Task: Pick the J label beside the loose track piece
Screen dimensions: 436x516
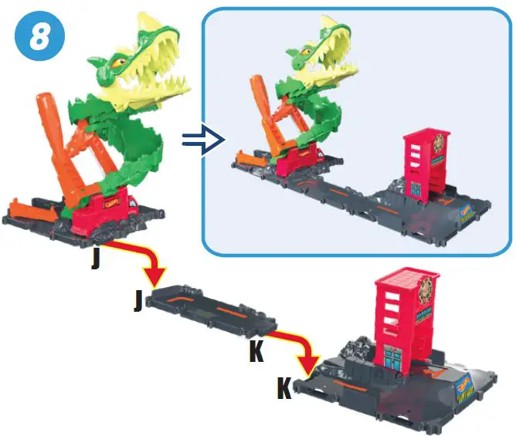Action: [138, 300]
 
